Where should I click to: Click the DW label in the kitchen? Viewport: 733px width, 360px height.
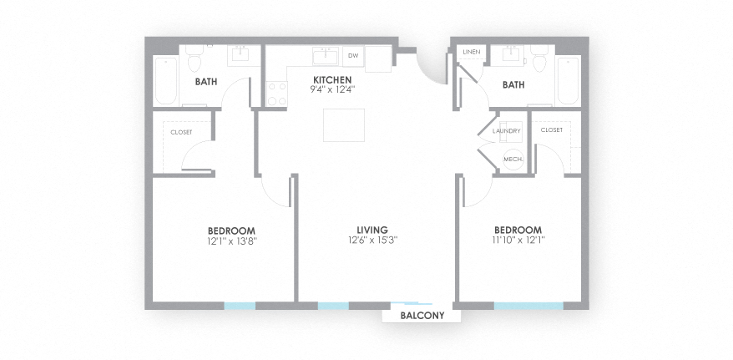tap(353, 56)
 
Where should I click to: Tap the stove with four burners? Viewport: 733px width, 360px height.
tap(276, 94)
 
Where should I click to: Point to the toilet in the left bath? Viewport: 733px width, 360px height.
tap(195, 61)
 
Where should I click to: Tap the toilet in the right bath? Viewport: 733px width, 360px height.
tap(538, 61)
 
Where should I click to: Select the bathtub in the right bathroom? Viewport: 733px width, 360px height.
tap(568, 80)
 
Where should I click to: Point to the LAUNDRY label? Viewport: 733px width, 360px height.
tap(507, 131)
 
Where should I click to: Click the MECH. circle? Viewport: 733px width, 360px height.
tap(513, 159)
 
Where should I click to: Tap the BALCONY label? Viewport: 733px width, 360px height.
tap(421, 316)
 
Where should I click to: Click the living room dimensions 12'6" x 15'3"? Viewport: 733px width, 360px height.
tap(373, 241)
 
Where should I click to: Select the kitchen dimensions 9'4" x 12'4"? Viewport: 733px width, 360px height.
tap(332, 88)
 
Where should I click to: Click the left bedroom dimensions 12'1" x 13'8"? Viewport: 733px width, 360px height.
tap(231, 241)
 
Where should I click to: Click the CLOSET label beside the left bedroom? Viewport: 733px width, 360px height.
tap(181, 132)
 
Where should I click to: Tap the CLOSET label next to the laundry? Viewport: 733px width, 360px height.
tap(551, 130)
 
